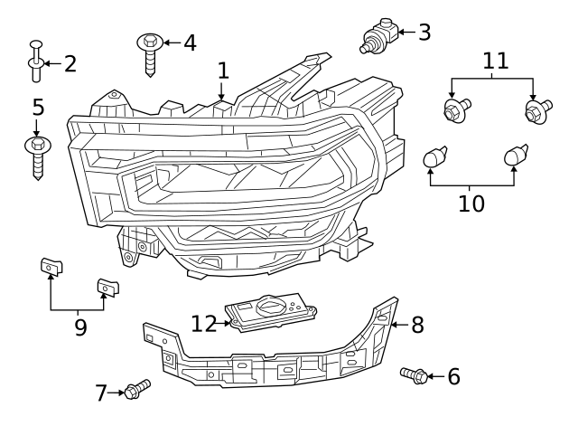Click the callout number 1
[x=222, y=71]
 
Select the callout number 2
[x=69, y=63]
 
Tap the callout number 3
[x=424, y=33]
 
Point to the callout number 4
[x=189, y=43]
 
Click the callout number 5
[x=37, y=108]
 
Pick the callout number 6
[x=452, y=375]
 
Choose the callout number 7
[x=102, y=392]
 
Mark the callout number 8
[x=416, y=325]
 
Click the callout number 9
[x=80, y=327]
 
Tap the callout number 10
[x=471, y=203]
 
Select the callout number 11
[x=495, y=62]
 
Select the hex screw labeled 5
[x=37, y=156]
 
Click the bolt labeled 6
[x=414, y=374]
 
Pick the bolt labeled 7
[x=137, y=389]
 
